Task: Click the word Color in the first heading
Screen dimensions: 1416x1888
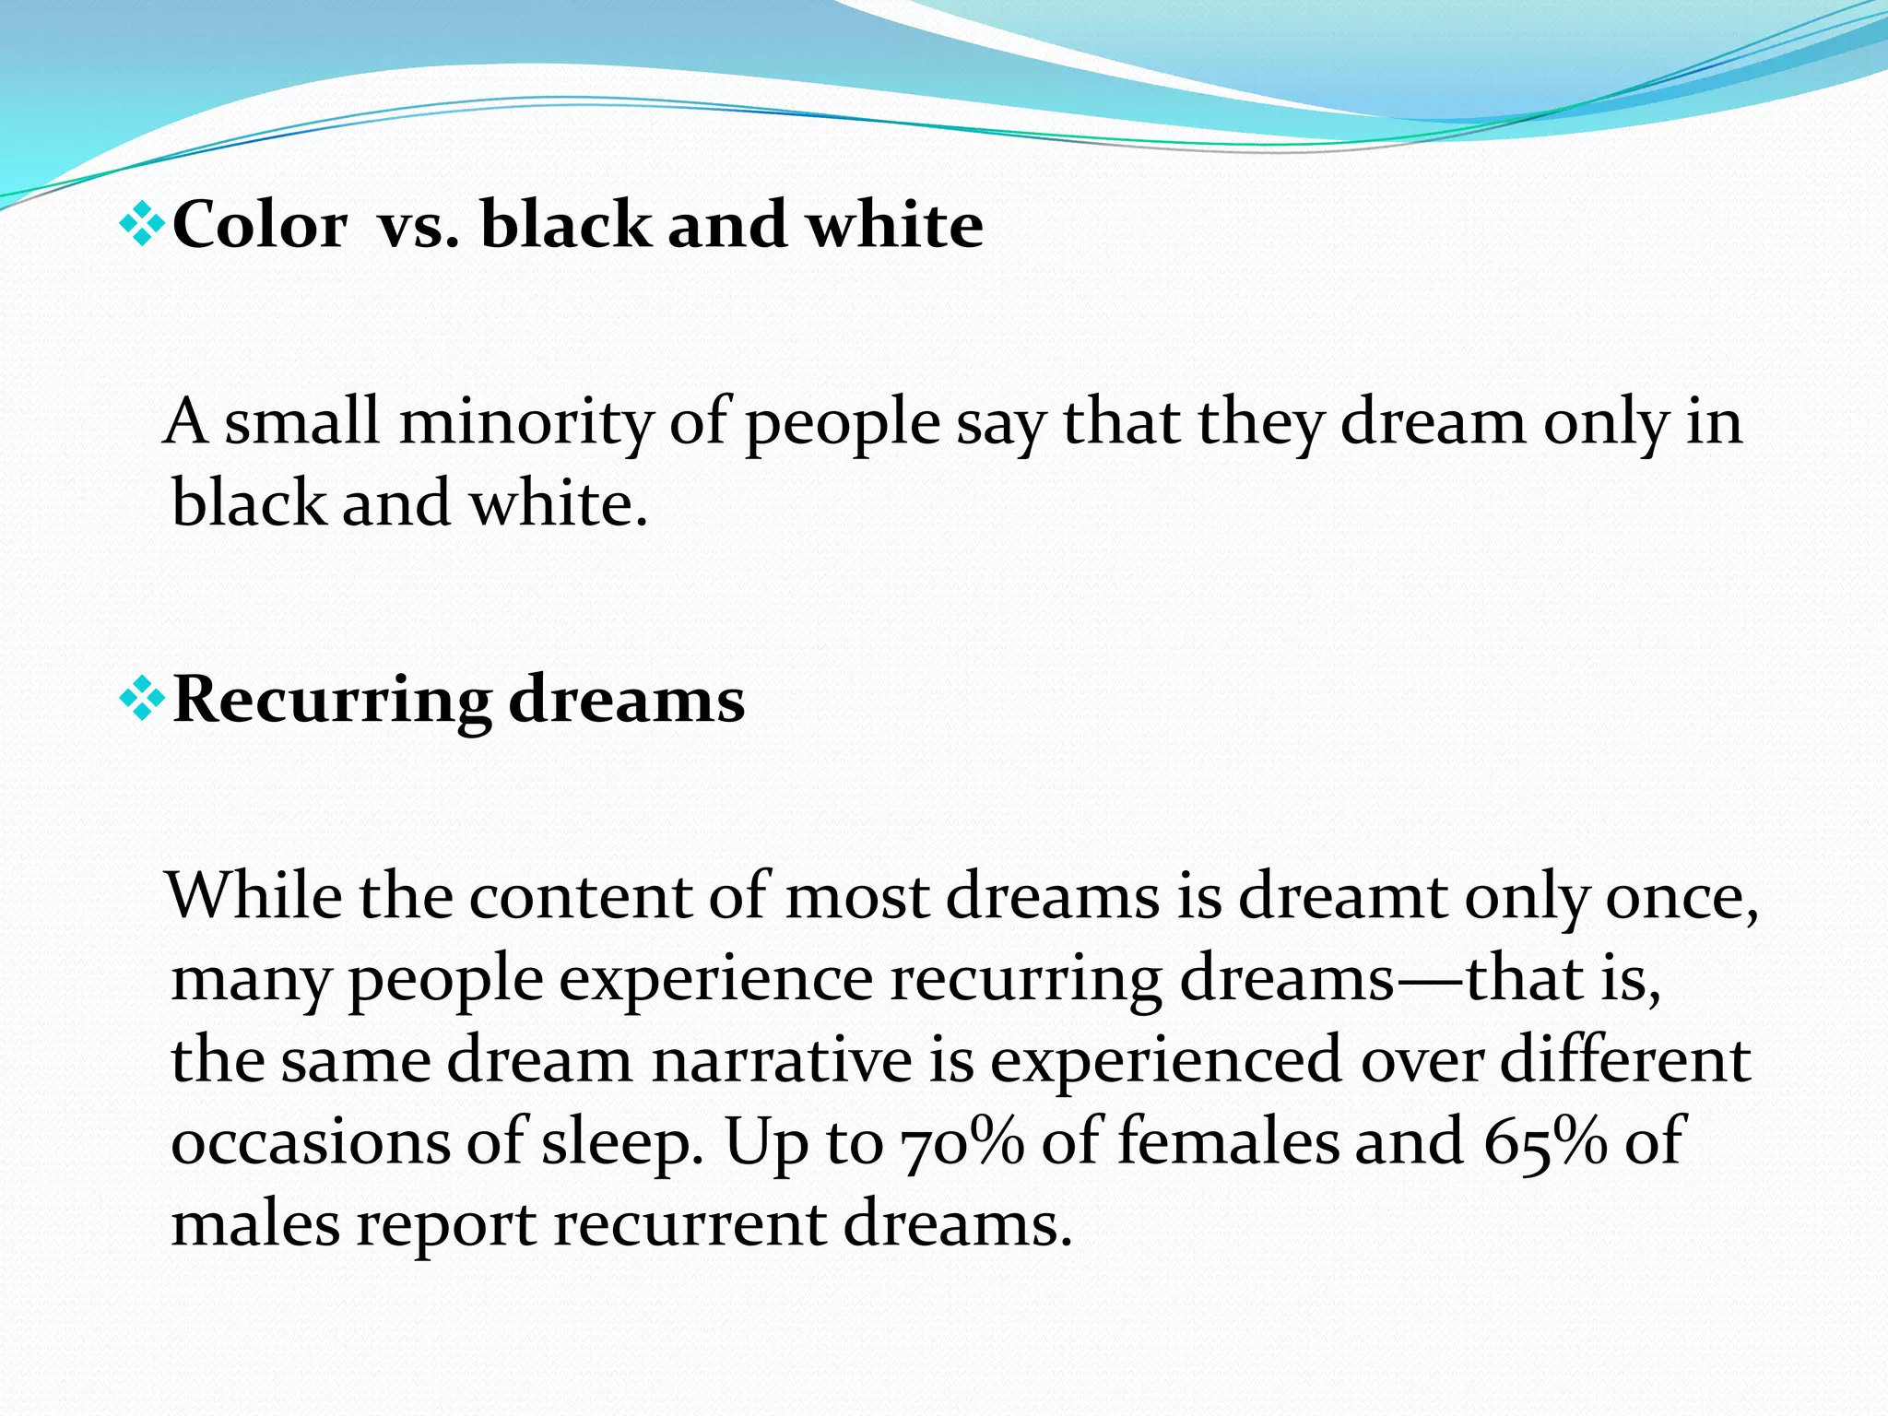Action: click(x=260, y=225)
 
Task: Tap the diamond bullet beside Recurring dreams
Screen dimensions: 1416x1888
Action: click(x=143, y=698)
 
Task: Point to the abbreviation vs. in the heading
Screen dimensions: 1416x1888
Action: click(x=418, y=225)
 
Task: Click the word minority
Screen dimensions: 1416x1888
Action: click(x=525, y=422)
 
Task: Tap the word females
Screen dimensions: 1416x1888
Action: click(x=1227, y=1141)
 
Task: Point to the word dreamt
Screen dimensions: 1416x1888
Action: click(x=1342, y=896)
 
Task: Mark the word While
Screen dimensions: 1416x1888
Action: click(x=254, y=896)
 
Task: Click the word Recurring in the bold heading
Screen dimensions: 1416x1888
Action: click(x=332, y=701)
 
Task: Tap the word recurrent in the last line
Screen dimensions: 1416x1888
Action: click(x=689, y=1224)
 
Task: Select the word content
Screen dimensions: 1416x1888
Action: click(x=580, y=896)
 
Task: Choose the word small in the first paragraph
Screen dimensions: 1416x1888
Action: click(x=302, y=422)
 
